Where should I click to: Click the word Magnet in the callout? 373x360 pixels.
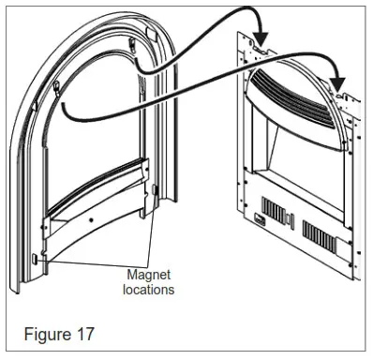pyautogui.click(x=150, y=275)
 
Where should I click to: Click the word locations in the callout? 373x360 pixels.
pyautogui.click(x=150, y=290)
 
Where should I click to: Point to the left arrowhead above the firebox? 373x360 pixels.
pyautogui.click(x=261, y=37)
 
